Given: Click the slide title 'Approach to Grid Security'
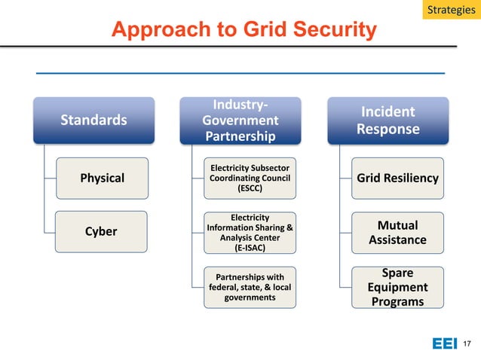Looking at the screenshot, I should [x=244, y=29].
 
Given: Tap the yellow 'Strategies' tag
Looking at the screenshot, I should [x=451, y=11].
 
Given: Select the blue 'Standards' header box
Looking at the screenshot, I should [x=93, y=120].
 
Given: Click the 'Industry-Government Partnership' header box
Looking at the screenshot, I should [x=240, y=120].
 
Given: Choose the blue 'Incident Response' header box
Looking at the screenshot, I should [x=388, y=120].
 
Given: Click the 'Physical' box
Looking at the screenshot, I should [x=103, y=178].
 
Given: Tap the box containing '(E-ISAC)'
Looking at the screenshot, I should [x=250, y=232].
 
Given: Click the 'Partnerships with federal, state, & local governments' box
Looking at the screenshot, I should [x=250, y=287].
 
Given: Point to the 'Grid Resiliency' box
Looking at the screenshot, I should [x=397, y=178].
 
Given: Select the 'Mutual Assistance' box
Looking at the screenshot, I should [x=397, y=232].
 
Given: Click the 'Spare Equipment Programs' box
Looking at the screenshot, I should [x=397, y=287].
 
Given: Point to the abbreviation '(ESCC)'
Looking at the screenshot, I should [x=250, y=188].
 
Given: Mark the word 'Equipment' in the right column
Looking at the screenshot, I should [x=397, y=287].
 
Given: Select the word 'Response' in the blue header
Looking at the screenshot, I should [x=388, y=129].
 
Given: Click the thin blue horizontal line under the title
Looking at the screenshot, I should [x=240, y=73].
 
